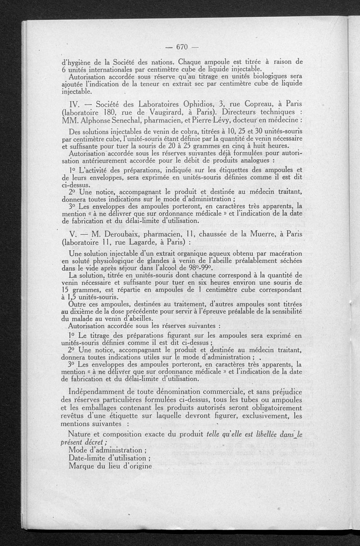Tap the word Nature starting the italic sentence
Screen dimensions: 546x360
click(81, 434)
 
